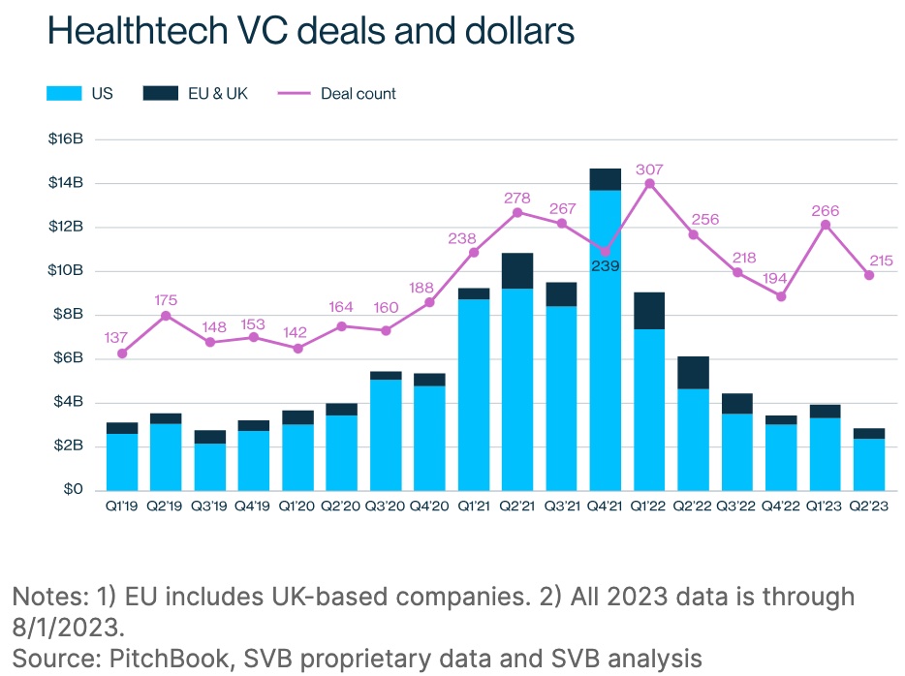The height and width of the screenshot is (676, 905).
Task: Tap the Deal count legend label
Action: pyautogui.click(x=359, y=94)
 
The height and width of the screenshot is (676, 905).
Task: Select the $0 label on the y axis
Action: pyautogui.click(x=75, y=490)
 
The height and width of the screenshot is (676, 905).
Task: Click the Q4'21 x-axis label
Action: pyautogui.click(x=605, y=507)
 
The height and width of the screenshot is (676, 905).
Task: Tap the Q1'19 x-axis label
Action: pyautogui.click(x=122, y=507)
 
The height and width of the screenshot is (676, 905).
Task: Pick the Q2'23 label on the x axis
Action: pyautogui.click(x=869, y=507)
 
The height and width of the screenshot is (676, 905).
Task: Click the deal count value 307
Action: pyautogui.click(x=649, y=169)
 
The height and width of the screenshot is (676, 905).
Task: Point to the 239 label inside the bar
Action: pyautogui.click(x=605, y=265)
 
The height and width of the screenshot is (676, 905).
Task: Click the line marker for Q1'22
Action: pyautogui.click(x=649, y=184)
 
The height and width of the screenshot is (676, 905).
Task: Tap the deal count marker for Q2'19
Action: pyautogui.click(x=166, y=316)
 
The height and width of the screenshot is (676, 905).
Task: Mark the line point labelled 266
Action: pyautogui.click(x=826, y=225)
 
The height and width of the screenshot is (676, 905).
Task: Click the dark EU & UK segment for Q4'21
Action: pyautogui.click(x=605, y=179)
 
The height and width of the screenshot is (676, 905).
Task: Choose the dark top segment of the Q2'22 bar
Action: pyautogui.click(x=693, y=373)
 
